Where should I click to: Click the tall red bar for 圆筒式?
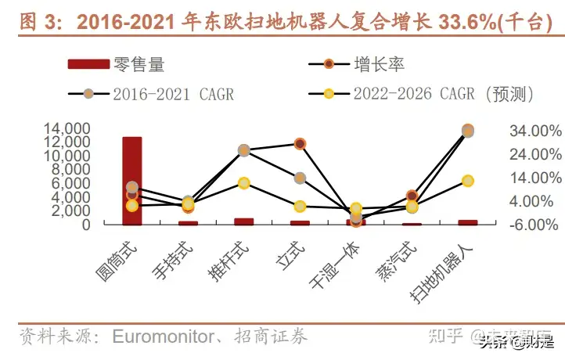pyautogui.click(x=131, y=181)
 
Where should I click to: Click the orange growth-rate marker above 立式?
pyautogui.click(x=300, y=143)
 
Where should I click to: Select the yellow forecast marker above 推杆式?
pyautogui.click(x=243, y=183)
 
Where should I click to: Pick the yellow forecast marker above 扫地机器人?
pyautogui.click(x=468, y=181)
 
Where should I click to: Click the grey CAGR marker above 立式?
pyautogui.click(x=300, y=178)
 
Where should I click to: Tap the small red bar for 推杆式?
pyautogui.click(x=243, y=221)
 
